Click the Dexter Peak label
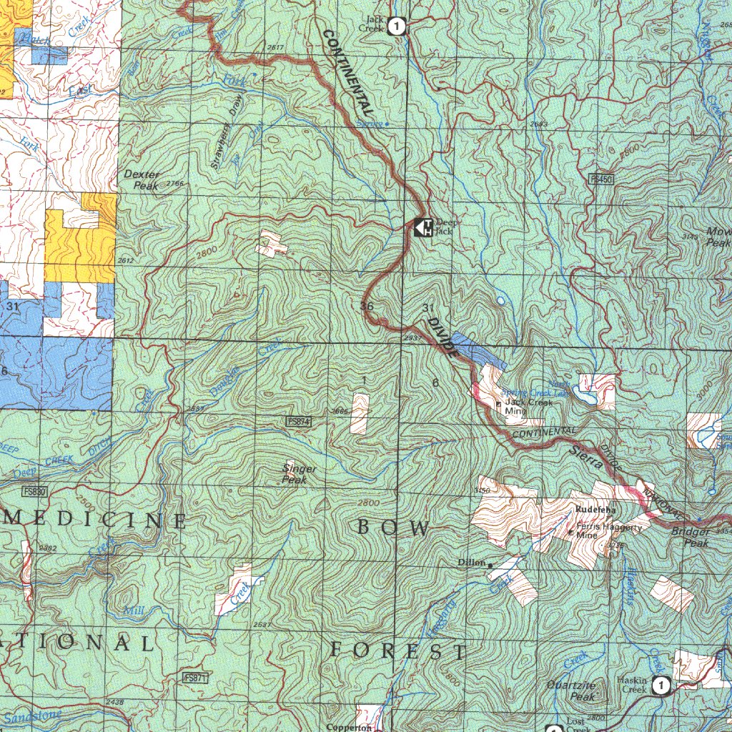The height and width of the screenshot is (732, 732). click(x=142, y=179)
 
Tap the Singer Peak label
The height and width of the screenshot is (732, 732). click(x=299, y=474)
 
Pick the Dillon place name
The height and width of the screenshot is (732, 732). click(x=472, y=563)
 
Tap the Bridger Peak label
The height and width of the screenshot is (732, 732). click(x=691, y=538)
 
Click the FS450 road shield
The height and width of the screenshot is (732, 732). click(x=602, y=178)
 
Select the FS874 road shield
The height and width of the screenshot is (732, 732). click(x=298, y=422)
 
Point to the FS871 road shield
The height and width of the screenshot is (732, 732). click(x=195, y=677)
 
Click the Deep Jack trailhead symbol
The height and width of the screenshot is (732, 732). click(x=423, y=228)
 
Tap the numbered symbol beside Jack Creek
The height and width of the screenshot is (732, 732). click(x=397, y=27)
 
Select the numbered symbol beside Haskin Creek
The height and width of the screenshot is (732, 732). click(x=661, y=686)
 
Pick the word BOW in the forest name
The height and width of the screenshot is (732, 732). click(x=393, y=528)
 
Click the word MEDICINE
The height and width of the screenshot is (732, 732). click(x=97, y=520)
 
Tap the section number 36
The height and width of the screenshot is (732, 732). click(x=367, y=306)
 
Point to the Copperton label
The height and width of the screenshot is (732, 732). click(x=350, y=727)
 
